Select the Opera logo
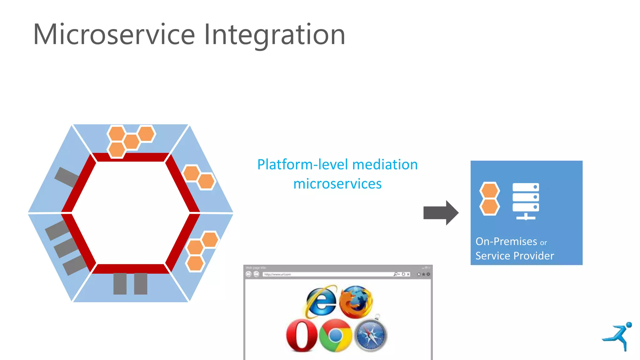[x=302, y=335]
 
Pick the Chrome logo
[x=336, y=336]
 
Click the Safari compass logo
[x=371, y=336]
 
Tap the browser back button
[x=248, y=274]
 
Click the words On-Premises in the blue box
[x=506, y=242]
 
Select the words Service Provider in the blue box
[x=514, y=256]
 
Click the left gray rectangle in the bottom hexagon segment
[x=120, y=284]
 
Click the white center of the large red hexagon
[x=131, y=213]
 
